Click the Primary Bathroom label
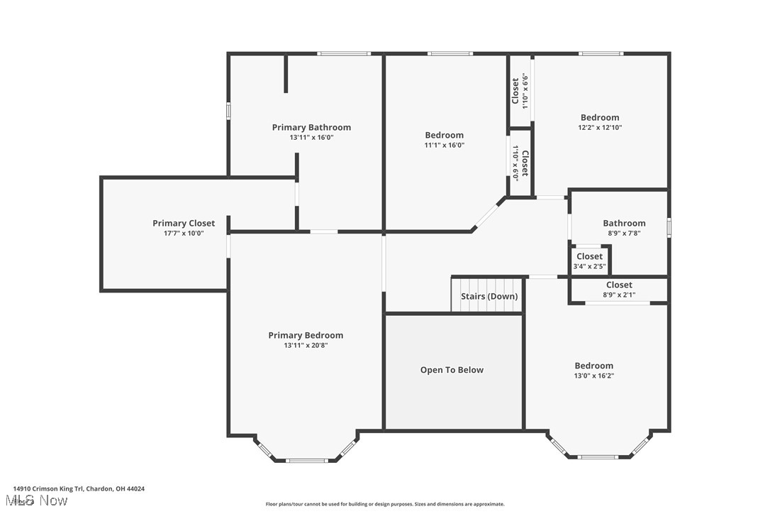(x=311, y=128)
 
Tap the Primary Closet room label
(x=184, y=223)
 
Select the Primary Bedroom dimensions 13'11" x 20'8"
(x=306, y=346)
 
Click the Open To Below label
(x=452, y=370)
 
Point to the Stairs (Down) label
(x=489, y=296)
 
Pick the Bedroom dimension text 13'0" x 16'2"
(x=594, y=376)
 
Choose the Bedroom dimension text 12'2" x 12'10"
(x=600, y=128)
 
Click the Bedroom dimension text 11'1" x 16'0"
(x=445, y=145)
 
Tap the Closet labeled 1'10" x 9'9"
(x=520, y=91)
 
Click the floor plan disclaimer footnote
(x=385, y=504)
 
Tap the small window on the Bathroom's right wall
(x=669, y=227)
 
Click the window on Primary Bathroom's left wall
(x=228, y=111)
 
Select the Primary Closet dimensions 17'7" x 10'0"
(x=184, y=233)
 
